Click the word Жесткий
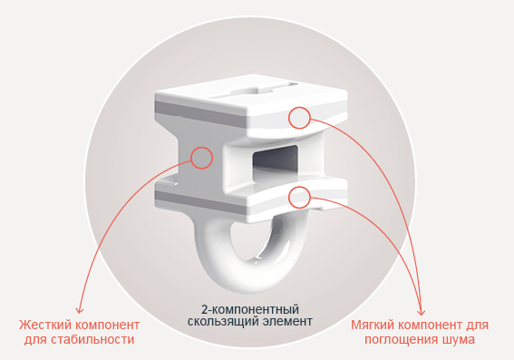[45, 326]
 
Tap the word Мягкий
[373, 326]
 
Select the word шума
[459, 340]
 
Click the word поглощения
[402, 340]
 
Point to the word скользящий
[224, 321]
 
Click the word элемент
[288, 321]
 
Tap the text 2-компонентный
[250, 309]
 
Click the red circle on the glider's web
[201, 158]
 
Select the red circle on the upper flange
[300, 118]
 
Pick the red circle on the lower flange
[300, 197]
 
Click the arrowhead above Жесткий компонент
[80, 309]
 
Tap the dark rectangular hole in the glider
[275, 163]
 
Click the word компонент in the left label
[108, 326]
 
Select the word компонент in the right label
[431, 326]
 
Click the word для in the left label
[36, 340]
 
